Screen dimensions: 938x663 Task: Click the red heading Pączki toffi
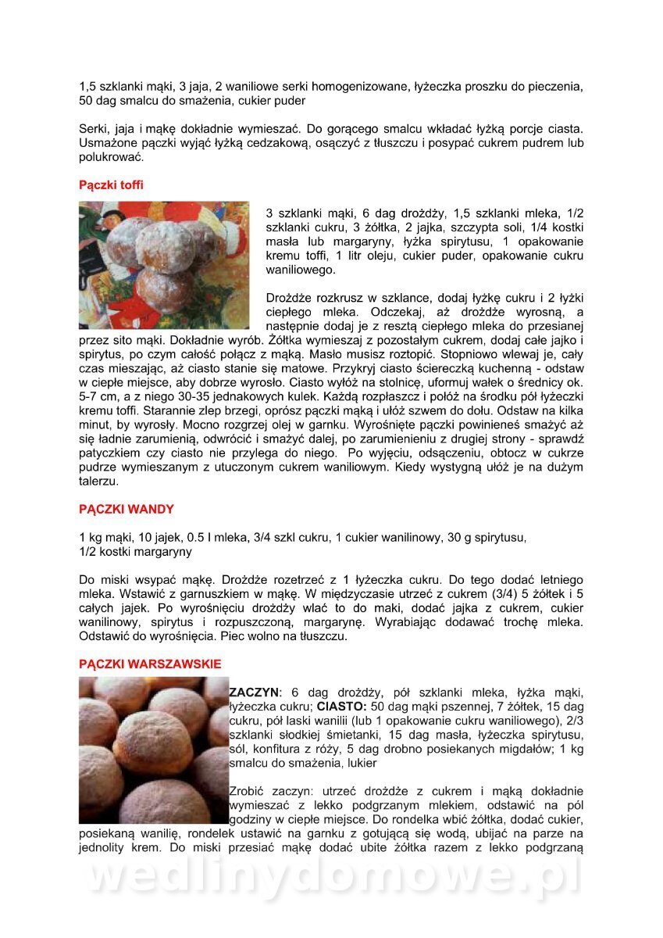(x=111, y=185)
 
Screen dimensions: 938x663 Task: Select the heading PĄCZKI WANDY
(x=127, y=509)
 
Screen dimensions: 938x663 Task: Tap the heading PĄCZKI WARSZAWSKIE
(x=150, y=664)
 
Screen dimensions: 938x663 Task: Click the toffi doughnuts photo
(x=164, y=265)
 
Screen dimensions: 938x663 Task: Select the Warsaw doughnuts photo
(x=153, y=750)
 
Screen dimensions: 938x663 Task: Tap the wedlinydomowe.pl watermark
(x=331, y=877)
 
